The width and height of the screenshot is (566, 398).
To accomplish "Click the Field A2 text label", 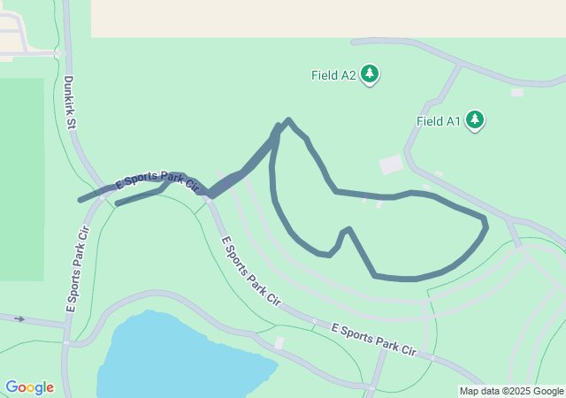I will (x=333, y=75).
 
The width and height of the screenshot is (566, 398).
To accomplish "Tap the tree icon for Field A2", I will (x=371, y=75).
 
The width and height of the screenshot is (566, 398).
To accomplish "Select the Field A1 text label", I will (x=439, y=121).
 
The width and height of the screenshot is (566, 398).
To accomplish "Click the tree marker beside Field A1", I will (x=476, y=119).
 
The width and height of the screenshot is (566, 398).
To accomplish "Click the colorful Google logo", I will (x=29, y=387).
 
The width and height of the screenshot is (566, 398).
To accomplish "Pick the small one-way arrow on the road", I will (x=19, y=318).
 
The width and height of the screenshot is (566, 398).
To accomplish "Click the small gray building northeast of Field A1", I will (x=517, y=92).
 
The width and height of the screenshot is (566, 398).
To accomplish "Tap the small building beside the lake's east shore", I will (x=279, y=342).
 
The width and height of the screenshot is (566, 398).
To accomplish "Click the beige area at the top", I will (x=327, y=18).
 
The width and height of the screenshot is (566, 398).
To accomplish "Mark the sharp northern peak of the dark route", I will (x=287, y=120).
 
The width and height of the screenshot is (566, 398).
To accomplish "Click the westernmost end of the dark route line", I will (x=80, y=201).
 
